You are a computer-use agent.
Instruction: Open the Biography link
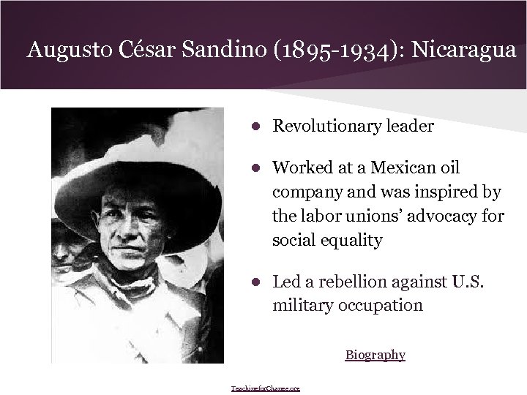[375, 355]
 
